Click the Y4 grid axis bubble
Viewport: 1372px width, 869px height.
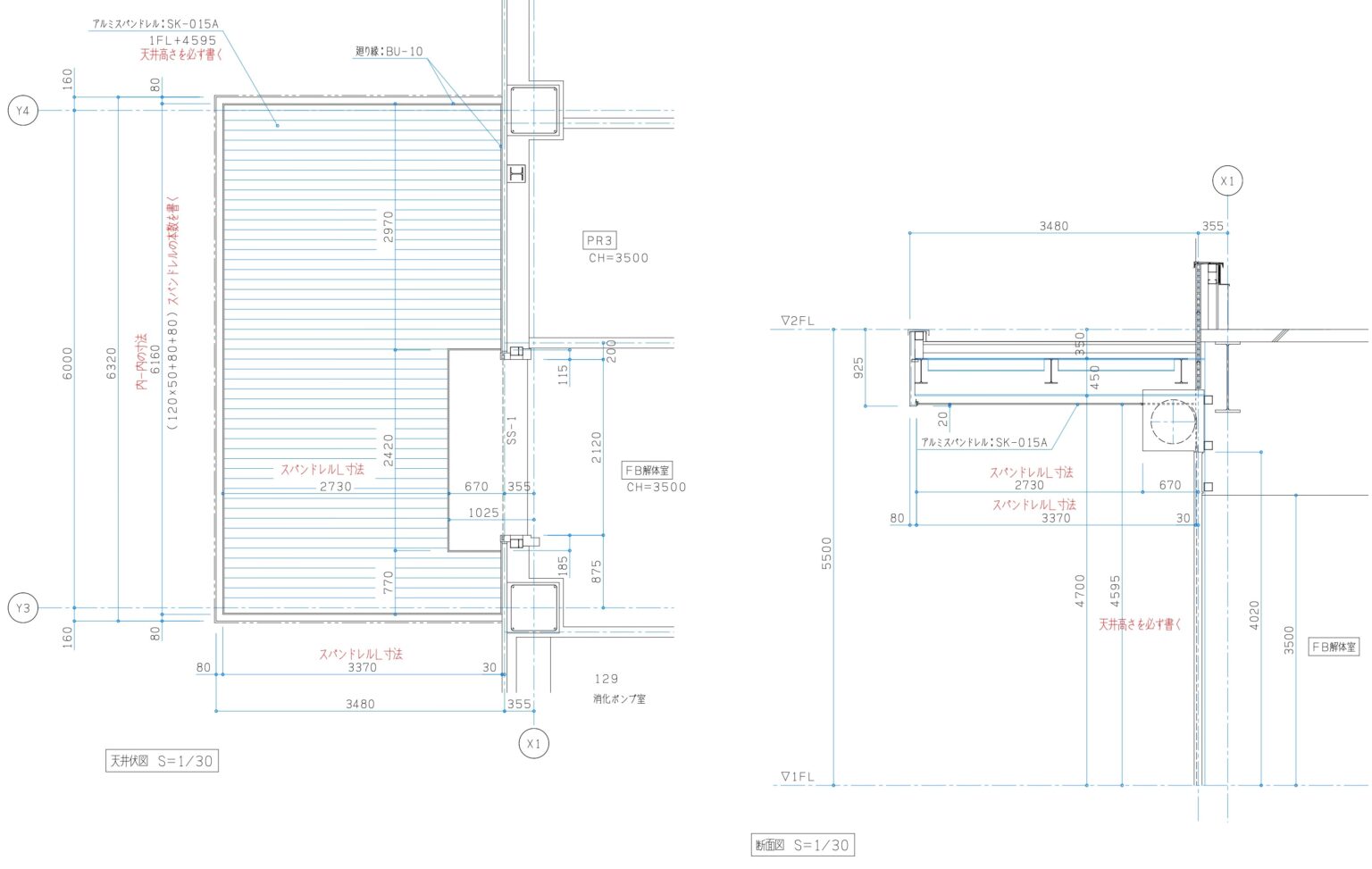23,111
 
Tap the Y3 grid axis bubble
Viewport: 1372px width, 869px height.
23,608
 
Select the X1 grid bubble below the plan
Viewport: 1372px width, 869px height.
533,743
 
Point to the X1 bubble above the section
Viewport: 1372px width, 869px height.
1227,181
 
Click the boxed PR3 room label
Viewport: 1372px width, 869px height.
599,240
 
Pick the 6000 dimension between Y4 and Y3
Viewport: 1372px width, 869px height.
68,363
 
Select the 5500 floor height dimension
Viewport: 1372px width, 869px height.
826,553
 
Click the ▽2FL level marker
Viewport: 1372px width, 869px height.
797,321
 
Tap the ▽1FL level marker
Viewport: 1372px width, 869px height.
797,777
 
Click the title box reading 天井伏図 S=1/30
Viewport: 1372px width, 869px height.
162,761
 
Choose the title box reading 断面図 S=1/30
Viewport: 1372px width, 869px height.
802,845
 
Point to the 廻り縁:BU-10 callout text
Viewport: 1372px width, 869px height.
389,52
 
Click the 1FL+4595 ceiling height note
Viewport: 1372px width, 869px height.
182,40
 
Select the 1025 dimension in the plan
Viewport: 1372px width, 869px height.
483,513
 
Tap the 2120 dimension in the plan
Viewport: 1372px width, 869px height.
596,447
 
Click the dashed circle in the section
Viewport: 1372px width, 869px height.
1173,422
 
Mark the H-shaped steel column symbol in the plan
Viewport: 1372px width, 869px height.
516,173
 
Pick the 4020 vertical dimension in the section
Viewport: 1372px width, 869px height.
1254,615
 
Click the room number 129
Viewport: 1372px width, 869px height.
606,679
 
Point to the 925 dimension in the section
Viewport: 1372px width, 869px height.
858,367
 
